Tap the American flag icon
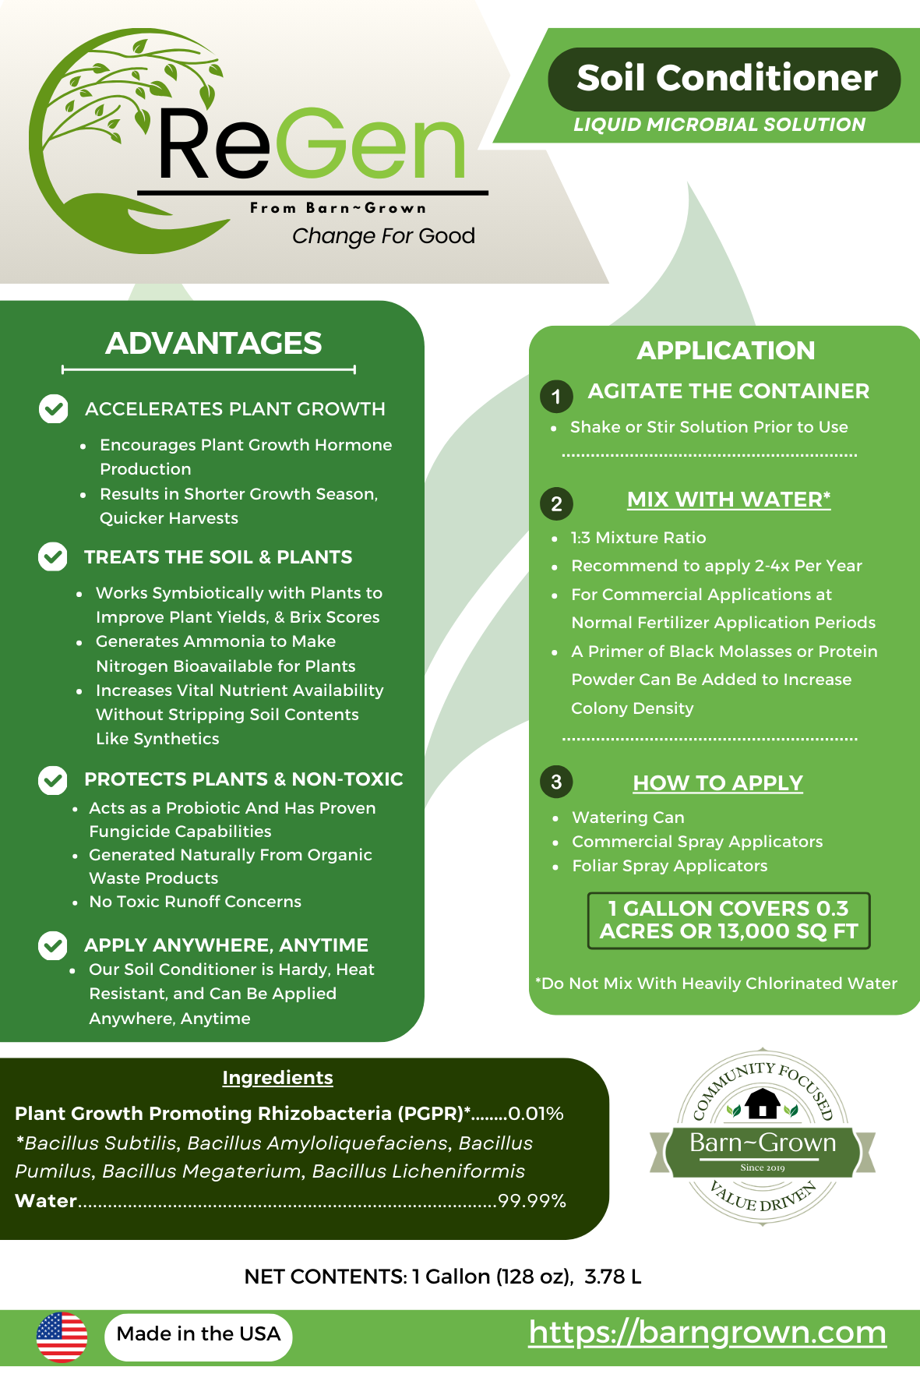[62, 1337]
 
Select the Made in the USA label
[199, 1334]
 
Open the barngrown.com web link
[707, 1332]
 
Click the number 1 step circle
[556, 396]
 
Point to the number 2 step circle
[556, 503]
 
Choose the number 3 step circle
[556, 782]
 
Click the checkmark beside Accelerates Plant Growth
[54, 408]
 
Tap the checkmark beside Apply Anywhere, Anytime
[52, 945]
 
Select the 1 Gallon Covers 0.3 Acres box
[728, 920]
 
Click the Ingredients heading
[277, 1078]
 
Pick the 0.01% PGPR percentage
[536, 1114]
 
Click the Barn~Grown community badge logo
[763, 1139]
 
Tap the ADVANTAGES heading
[213, 344]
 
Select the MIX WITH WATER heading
[728, 500]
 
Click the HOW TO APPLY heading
[717, 782]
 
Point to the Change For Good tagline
[383, 235]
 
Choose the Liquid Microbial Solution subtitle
[719, 125]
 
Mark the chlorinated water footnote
[716, 984]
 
